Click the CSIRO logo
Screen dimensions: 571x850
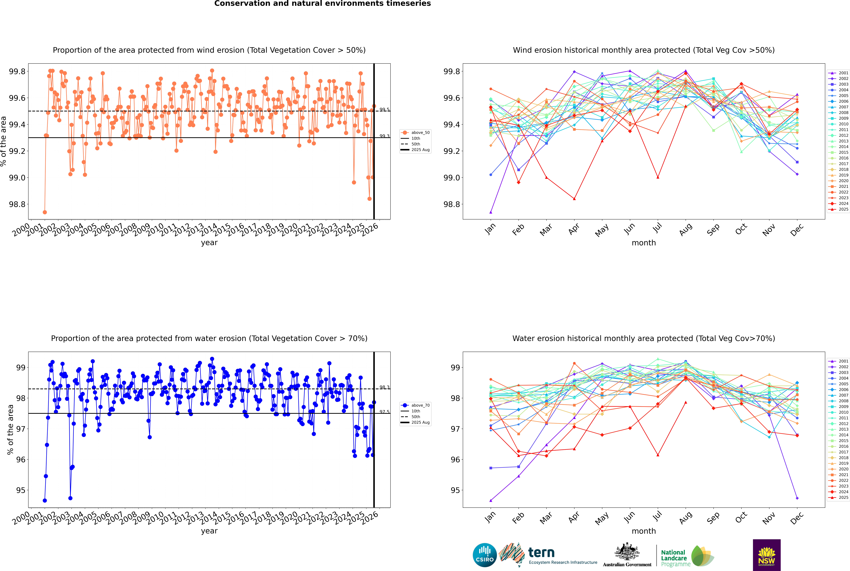(485, 555)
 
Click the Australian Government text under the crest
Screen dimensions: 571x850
(627, 564)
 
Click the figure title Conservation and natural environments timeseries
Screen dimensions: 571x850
(322, 4)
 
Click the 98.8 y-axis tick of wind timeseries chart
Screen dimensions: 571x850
(17, 204)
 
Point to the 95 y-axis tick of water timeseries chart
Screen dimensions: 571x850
(21, 490)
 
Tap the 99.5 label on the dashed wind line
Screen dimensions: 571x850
(384, 110)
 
